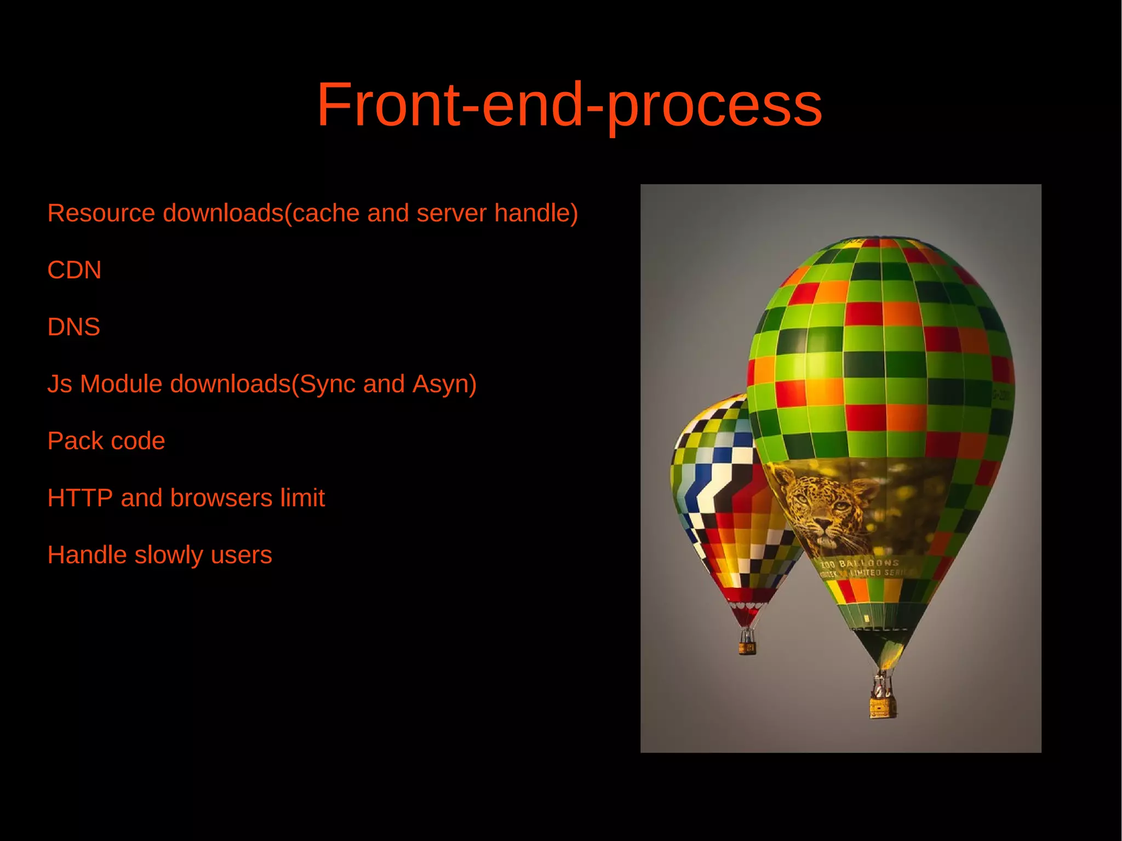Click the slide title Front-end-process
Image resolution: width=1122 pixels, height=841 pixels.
[x=569, y=105]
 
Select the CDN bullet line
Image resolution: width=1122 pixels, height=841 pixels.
[x=75, y=270]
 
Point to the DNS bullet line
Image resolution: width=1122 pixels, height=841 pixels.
[x=74, y=327]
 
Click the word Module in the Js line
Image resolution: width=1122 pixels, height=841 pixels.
[x=121, y=384]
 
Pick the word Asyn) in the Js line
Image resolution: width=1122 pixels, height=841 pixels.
[x=444, y=384]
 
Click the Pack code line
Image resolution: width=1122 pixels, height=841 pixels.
[x=106, y=441]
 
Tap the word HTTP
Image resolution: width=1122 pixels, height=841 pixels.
[x=80, y=498]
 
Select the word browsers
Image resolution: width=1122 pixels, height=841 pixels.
[x=221, y=498]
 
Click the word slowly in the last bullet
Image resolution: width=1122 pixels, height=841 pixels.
[x=169, y=555]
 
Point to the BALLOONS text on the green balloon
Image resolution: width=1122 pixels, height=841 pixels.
[x=868, y=563]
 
